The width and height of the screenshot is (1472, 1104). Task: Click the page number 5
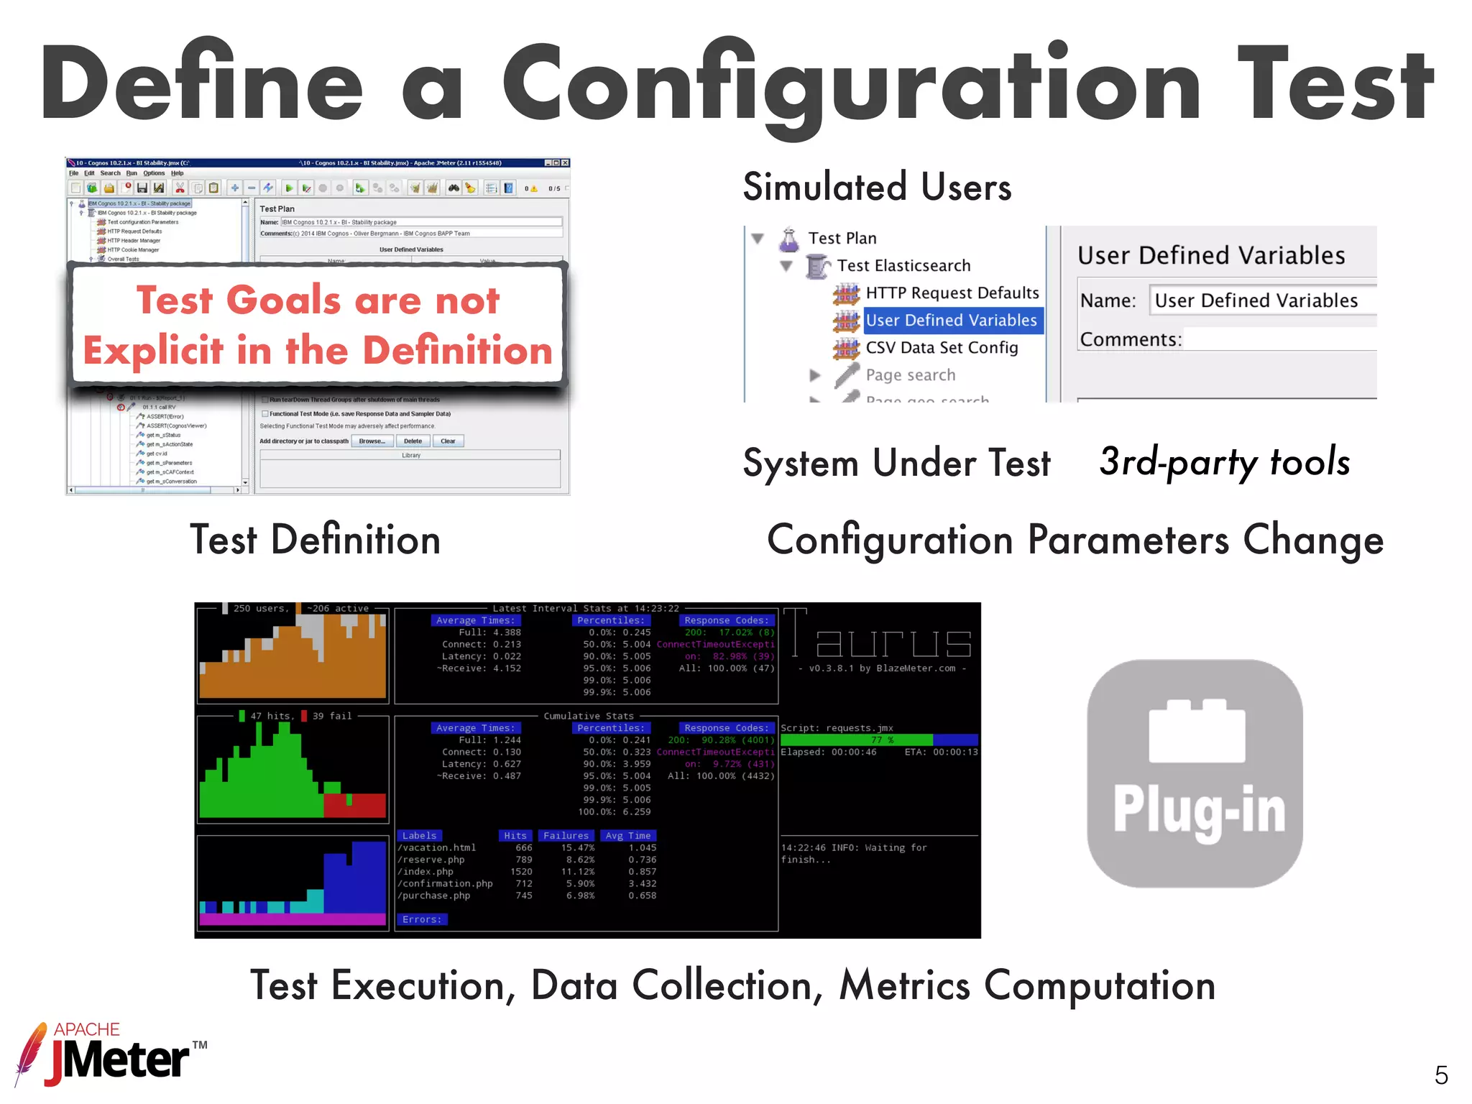[x=1440, y=1075]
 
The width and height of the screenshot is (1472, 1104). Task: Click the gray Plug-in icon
[x=1195, y=773]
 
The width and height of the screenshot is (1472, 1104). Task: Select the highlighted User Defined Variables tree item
[x=950, y=321]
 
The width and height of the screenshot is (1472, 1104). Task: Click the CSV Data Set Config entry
[x=941, y=348]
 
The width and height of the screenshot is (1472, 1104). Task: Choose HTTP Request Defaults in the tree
[x=952, y=293]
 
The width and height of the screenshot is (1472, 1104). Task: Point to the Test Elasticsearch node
[x=903, y=266]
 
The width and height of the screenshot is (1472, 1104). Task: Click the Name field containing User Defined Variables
[x=1258, y=300]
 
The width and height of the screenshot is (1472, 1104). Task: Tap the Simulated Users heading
[x=877, y=187]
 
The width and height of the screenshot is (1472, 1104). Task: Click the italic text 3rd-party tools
[x=1224, y=461]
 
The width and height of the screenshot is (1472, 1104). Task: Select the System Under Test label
[x=896, y=463]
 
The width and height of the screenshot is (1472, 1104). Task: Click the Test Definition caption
[x=315, y=540]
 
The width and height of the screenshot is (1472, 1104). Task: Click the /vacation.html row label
[x=436, y=848]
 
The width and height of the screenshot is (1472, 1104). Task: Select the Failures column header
[x=566, y=836]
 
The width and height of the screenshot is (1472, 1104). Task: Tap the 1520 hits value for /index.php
[x=521, y=872]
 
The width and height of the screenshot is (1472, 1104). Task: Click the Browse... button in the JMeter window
[x=372, y=441]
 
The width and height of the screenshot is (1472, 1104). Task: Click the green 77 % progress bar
[x=856, y=740]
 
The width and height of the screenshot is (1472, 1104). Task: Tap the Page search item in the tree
[x=910, y=375]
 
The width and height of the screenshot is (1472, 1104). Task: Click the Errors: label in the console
[x=422, y=919]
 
